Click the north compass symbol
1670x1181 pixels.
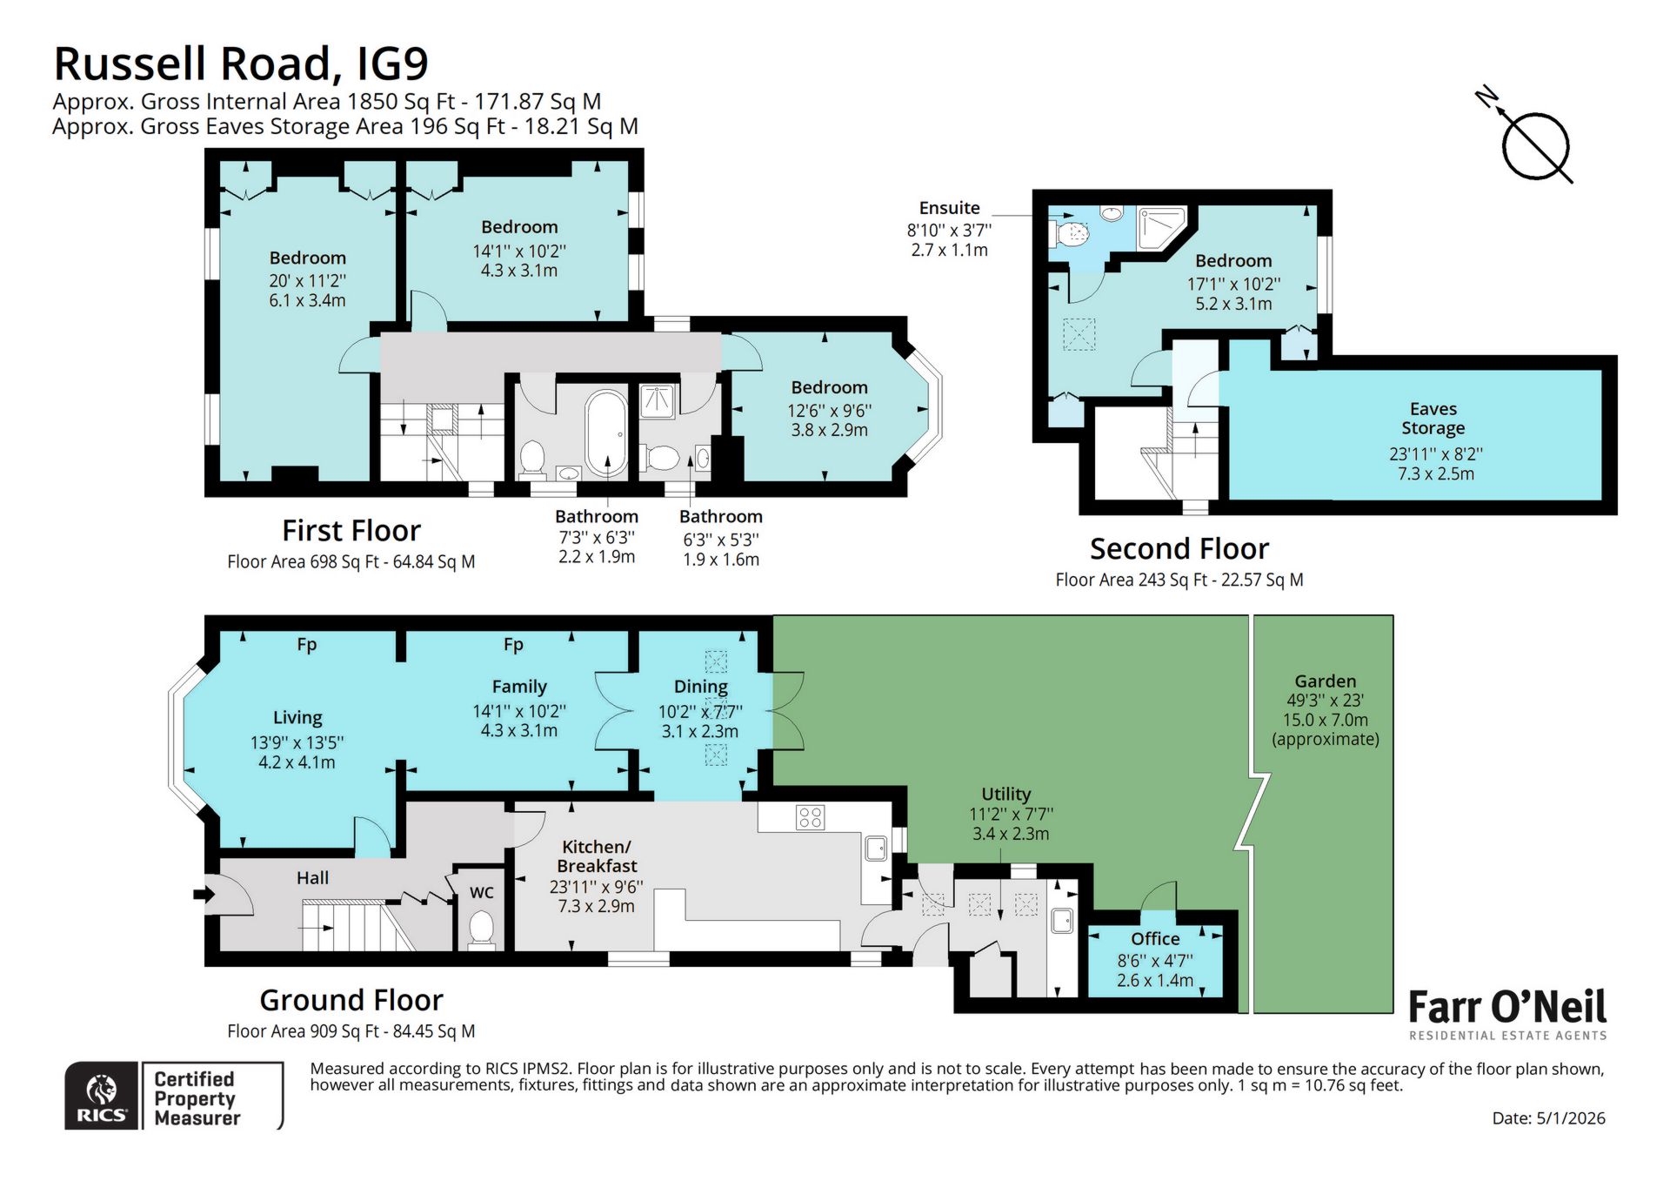(1535, 145)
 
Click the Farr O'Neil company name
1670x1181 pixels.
(1506, 1007)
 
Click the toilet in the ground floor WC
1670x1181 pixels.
(481, 929)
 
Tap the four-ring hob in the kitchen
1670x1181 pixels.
(810, 817)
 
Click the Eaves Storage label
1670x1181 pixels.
(1433, 419)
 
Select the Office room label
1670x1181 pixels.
(1154, 939)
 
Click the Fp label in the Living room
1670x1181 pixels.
(306, 645)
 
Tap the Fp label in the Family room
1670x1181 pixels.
(513, 645)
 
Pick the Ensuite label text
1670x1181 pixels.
(949, 208)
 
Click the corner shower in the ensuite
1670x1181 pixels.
(1162, 228)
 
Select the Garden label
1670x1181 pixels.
(1325, 681)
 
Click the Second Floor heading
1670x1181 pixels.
(1179, 549)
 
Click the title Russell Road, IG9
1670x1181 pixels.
(241, 64)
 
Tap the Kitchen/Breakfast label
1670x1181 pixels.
(597, 856)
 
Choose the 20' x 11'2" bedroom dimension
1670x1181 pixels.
(307, 280)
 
